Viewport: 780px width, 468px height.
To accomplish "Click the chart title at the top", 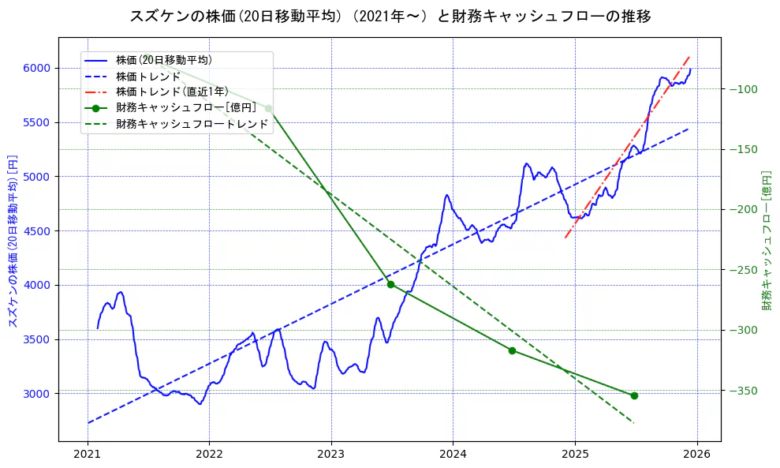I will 390,16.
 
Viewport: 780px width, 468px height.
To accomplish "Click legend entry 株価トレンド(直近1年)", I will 172,92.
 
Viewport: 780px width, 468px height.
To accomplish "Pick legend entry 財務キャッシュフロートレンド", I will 192,124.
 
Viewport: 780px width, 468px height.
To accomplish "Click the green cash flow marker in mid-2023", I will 390,284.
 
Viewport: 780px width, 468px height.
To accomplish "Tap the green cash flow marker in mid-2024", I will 512,350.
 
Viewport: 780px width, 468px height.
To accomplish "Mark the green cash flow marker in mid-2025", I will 634,395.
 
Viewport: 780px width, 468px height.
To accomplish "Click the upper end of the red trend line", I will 690,56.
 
